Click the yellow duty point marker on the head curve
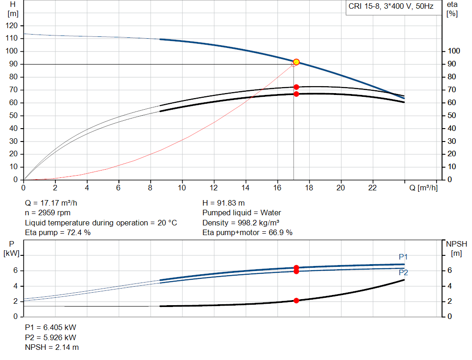tap(296, 62)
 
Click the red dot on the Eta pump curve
tap(296, 87)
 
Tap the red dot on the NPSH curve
tap(296, 301)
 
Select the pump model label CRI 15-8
tap(390, 7)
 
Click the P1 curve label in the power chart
tap(403, 257)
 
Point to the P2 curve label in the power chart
tap(403, 272)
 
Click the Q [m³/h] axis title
tap(424, 188)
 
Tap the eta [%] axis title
tap(452, 9)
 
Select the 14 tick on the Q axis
tap(246, 188)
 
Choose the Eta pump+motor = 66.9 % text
tap(248, 233)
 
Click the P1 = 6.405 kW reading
tap(50, 327)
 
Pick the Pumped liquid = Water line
tap(242, 213)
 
